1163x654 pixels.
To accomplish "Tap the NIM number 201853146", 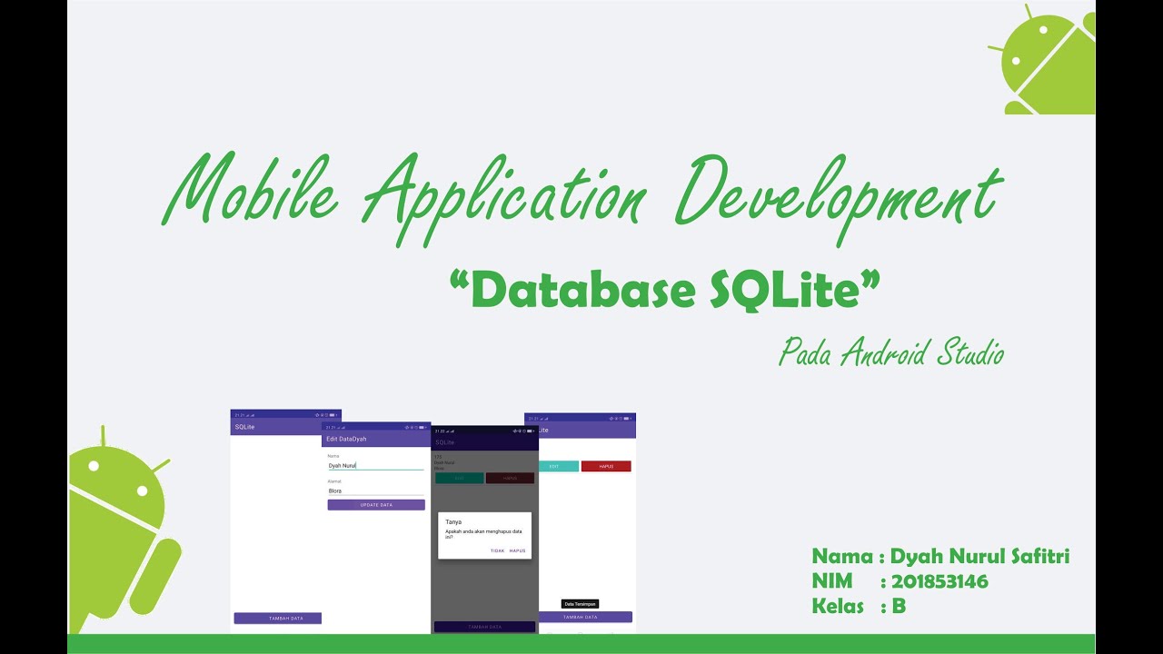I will [939, 581].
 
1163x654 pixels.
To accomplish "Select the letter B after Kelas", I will [899, 606].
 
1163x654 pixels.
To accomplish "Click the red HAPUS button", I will [606, 466].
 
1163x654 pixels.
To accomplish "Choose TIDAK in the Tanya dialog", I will [497, 550].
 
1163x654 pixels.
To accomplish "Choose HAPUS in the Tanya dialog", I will [517, 550].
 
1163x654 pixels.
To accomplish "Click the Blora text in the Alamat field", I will [335, 490].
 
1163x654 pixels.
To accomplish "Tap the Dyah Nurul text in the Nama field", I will [343, 465].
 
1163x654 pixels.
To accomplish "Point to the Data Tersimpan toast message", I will [581, 604].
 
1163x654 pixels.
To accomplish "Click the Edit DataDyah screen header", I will [346, 439].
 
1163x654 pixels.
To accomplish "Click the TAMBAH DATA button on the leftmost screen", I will [278, 618].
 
